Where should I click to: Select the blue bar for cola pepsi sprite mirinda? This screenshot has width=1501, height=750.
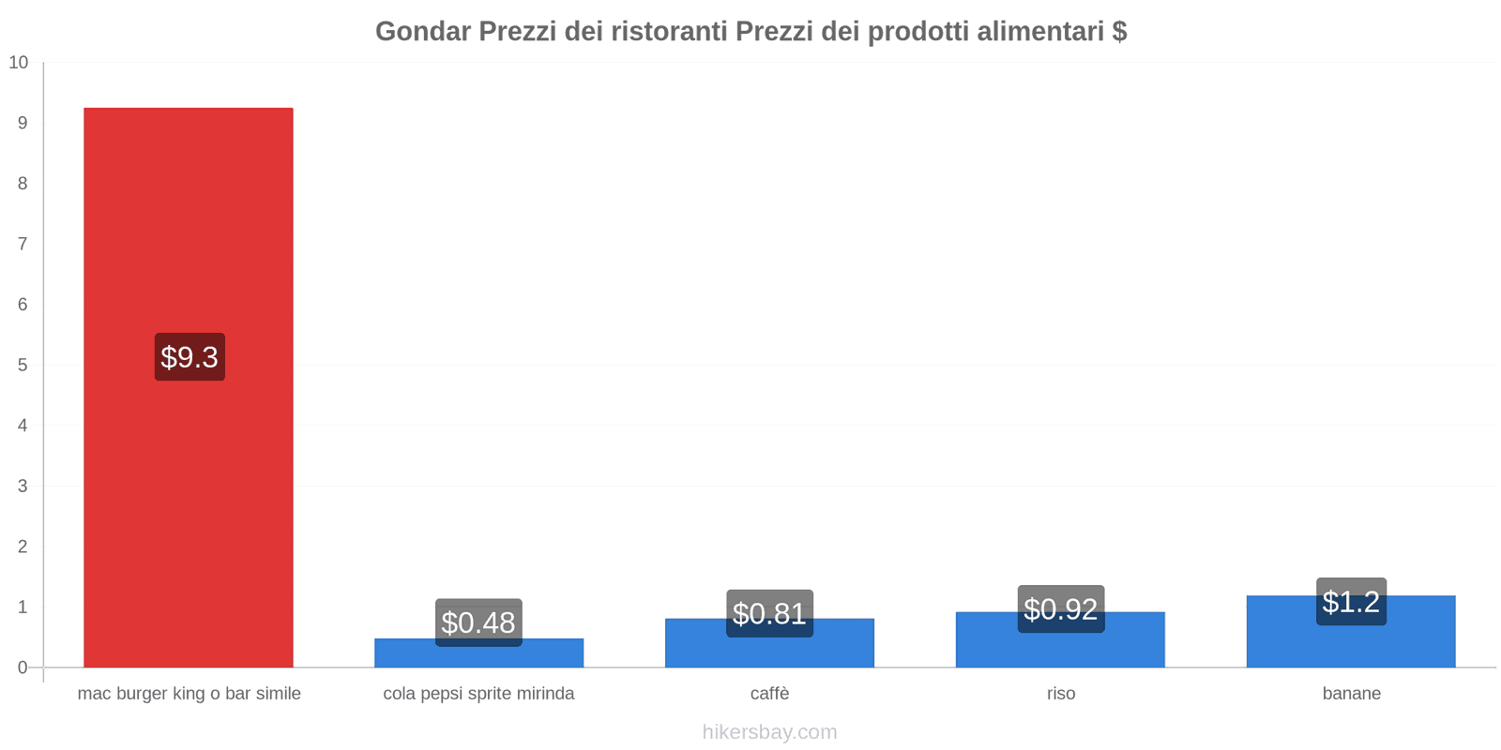(x=478, y=655)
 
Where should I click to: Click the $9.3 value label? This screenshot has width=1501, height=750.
(x=190, y=357)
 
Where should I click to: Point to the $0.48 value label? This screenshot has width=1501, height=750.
(x=478, y=622)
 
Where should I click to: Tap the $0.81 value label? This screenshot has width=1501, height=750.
(x=769, y=613)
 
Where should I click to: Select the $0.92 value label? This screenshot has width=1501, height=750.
(x=1060, y=609)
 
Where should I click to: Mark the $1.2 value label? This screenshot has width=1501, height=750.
(x=1351, y=602)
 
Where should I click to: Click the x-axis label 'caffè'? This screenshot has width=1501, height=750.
(x=769, y=694)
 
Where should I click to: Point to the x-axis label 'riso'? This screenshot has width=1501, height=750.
(x=1061, y=694)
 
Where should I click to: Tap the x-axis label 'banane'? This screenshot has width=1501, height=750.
(x=1351, y=694)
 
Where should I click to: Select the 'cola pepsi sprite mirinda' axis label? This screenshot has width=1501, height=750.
(x=478, y=694)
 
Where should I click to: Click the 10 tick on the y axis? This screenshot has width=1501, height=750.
(x=19, y=63)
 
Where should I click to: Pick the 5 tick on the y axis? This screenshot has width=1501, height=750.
(x=23, y=365)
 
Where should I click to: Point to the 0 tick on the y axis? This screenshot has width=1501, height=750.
(x=23, y=667)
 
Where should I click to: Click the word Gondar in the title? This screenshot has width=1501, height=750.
(x=423, y=32)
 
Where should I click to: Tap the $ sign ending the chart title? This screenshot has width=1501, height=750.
(x=1119, y=32)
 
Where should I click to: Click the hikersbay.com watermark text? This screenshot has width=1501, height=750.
(x=769, y=732)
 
